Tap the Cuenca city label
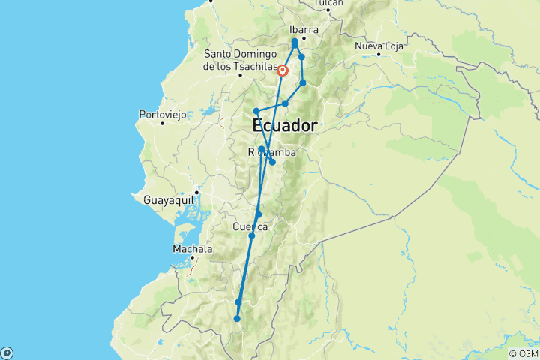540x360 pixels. pos(250,226)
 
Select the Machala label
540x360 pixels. pos(192,248)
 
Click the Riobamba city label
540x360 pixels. pos(271,152)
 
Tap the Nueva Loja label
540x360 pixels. pos(379,46)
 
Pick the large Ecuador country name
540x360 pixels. pos(285,124)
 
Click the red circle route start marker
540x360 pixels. pos(283,71)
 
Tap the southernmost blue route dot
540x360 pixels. pos(237,319)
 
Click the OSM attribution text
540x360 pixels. pos(523,353)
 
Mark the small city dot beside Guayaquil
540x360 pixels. pos(196,193)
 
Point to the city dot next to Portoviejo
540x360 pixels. pos(162,123)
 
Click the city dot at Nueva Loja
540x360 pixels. pos(379,55)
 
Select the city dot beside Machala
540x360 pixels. pos(193,257)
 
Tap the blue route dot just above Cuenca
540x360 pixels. pos(258,214)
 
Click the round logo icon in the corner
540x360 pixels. pos(7,352)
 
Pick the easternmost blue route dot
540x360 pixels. pos(303,83)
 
